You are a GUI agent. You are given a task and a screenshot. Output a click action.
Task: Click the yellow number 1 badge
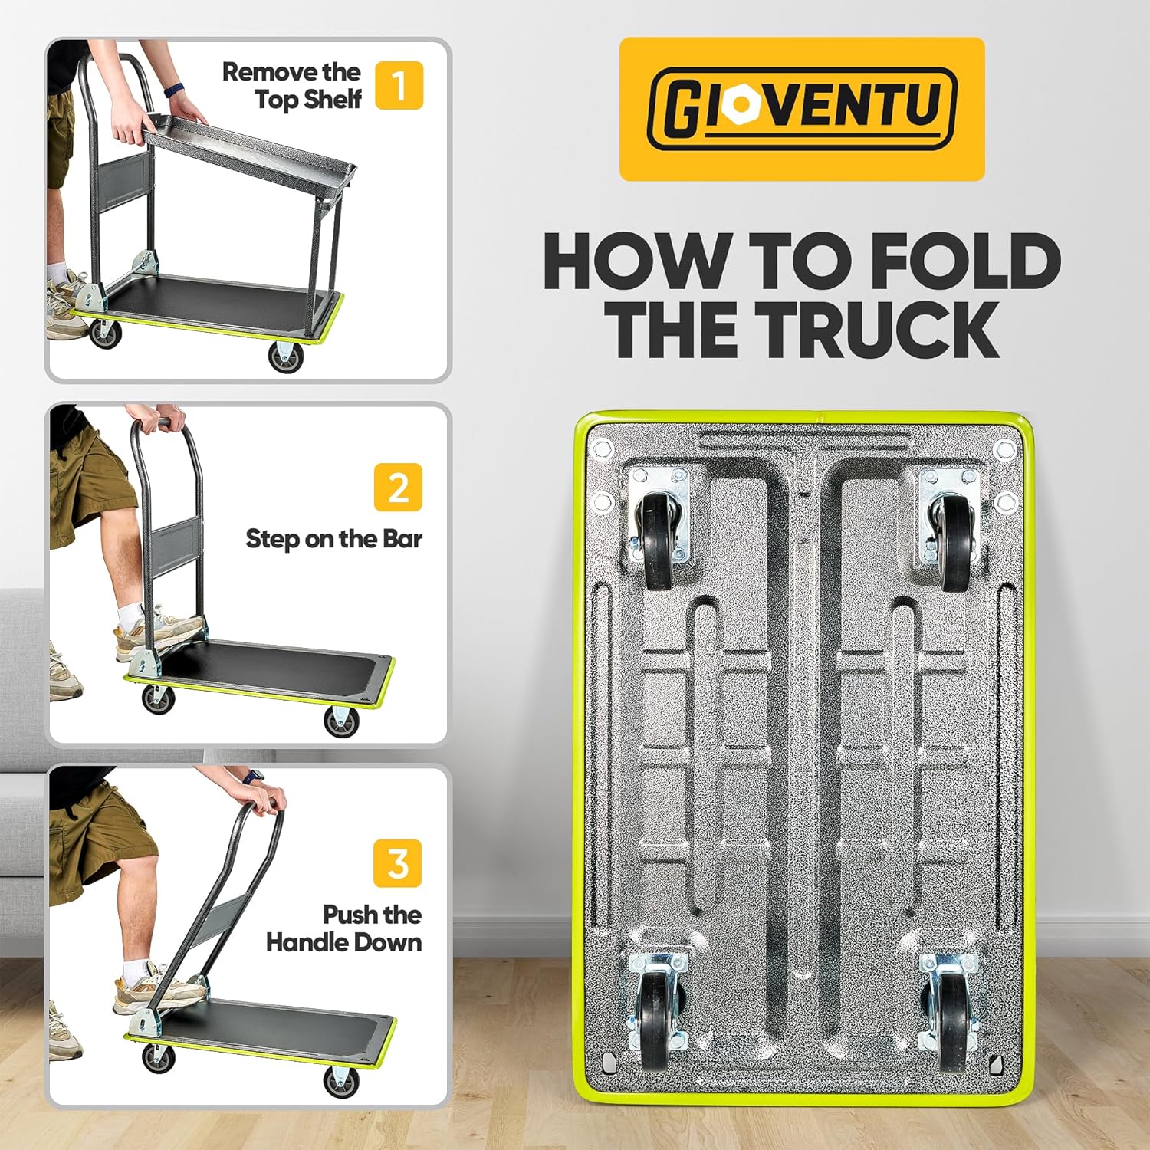tap(399, 85)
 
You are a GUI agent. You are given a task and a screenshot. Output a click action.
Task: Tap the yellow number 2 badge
tap(399, 487)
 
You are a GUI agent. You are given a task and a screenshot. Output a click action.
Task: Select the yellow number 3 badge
tap(398, 863)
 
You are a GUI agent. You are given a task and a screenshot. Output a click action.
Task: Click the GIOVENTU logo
tap(802, 109)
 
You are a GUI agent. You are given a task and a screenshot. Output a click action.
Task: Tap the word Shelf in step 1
tap(332, 99)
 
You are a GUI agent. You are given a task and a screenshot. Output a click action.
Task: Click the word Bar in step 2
tap(402, 538)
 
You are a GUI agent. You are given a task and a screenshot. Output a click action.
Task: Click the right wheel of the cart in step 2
tap(341, 721)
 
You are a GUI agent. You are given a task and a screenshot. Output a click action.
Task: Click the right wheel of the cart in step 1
tap(286, 357)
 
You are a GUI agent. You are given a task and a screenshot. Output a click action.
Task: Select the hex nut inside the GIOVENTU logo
tap(741, 103)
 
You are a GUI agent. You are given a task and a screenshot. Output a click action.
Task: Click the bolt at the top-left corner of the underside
tap(601, 448)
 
